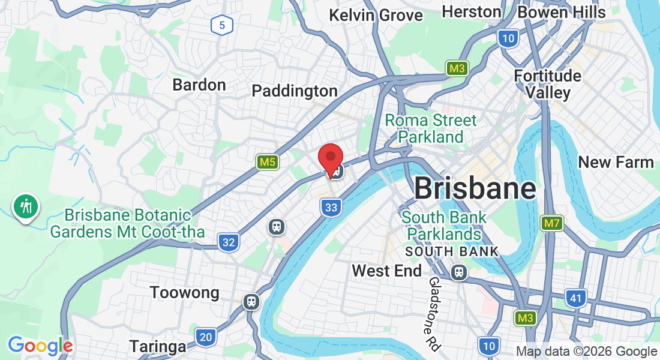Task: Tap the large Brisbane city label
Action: [x=475, y=189]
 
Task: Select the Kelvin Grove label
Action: [x=376, y=15]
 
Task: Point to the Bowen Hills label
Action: [x=562, y=12]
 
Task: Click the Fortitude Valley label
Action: [x=548, y=84]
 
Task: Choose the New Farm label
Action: [x=616, y=162]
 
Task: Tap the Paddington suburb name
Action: [x=295, y=91]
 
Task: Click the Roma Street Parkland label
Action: [x=431, y=128]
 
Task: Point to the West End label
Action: [x=387, y=271]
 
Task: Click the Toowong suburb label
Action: [x=184, y=293]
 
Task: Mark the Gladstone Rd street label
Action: [x=434, y=314]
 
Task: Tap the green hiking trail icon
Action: [x=25, y=206]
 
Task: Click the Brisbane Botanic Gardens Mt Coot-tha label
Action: [x=127, y=223]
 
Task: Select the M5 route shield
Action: [x=268, y=161]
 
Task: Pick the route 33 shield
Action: [x=331, y=208]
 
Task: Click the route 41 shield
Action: [x=575, y=298]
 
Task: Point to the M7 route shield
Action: [x=551, y=224]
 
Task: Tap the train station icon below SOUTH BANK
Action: [x=460, y=272]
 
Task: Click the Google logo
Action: [x=40, y=346]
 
